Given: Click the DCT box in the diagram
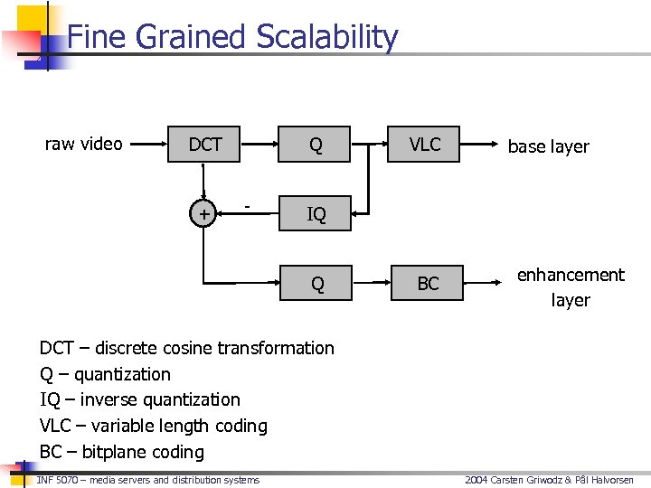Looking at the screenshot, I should click(x=205, y=144).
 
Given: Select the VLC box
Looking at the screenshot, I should click(x=424, y=144).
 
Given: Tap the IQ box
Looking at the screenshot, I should click(x=316, y=214).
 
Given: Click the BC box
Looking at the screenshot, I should click(x=428, y=284).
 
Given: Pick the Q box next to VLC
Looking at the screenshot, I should click(x=316, y=144).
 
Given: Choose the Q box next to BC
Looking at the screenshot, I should click(x=317, y=284).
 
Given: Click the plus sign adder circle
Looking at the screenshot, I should click(x=205, y=214).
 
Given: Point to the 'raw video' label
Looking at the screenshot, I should click(x=84, y=144).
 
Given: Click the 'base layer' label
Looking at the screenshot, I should click(x=548, y=146).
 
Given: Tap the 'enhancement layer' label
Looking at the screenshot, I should click(x=571, y=286).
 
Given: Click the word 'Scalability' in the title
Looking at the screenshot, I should click(x=326, y=38).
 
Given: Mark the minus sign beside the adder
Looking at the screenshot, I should click(x=248, y=208).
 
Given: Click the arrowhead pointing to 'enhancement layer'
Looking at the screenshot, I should click(x=500, y=284).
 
